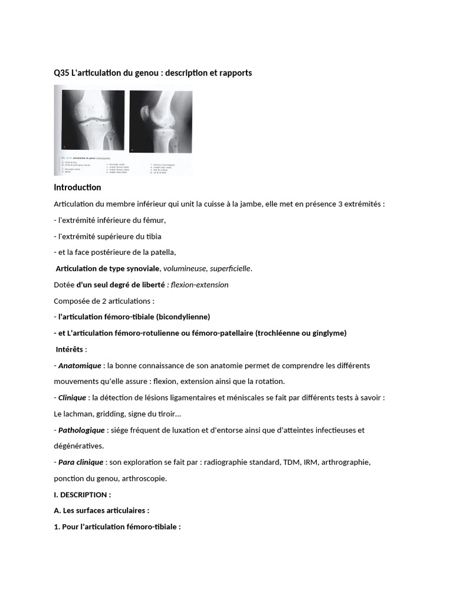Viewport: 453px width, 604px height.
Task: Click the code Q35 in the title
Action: (x=60, y=73)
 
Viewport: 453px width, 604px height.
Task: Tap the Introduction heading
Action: (x=77, y=188)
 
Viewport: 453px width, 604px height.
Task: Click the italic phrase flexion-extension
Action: (x=200, y=285)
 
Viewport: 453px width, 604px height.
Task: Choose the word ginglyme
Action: (x=327, y=333)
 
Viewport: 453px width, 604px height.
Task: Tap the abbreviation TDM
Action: (x=291, y=462)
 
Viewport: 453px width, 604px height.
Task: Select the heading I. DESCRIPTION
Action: (x=82, y=494)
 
